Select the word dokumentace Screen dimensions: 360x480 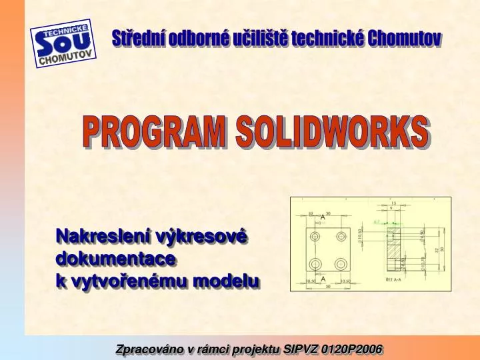[115, 258]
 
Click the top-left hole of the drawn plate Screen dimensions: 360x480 [314, 236]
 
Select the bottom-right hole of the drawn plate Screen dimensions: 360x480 [341, 263]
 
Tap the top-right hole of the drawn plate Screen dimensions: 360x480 [341, 236]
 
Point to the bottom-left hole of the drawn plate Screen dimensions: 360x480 [314, 263]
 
